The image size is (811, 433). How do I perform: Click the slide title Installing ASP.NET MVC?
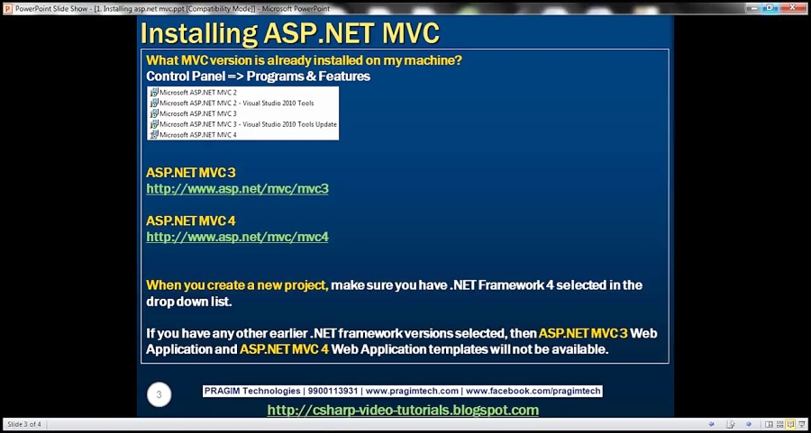coord(289,33)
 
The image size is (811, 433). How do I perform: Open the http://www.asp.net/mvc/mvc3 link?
coord(237,189)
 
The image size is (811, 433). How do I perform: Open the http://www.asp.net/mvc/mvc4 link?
coord(237,237)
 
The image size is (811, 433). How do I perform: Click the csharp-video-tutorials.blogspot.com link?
coord(403,410)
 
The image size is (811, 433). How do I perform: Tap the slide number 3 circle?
coord(159,394)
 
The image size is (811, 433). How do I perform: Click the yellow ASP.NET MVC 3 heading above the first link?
coord(191,172)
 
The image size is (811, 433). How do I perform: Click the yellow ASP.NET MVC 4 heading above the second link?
coord(191,221)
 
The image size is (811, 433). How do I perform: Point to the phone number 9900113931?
coord(333,392)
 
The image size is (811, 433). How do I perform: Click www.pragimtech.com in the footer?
coord(411,392)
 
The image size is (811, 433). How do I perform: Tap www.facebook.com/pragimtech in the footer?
coord(533,392)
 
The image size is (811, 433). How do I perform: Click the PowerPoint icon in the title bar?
coord(8,8)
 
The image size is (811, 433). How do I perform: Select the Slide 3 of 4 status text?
coord(24,424)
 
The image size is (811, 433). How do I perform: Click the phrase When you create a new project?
coord(237,285)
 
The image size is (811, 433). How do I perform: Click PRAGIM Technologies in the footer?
coord(251,392)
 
